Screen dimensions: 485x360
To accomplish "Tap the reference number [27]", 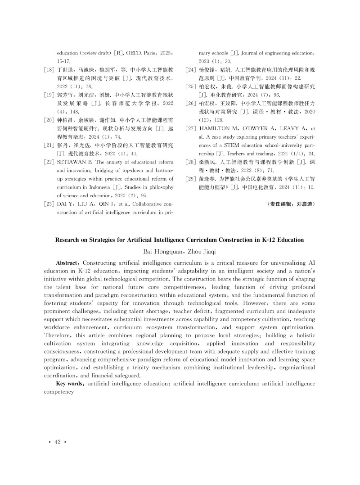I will pyautogui.click(x=192, y=128).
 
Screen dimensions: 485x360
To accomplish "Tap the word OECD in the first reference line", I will pyautogui.click(x=127, y=52).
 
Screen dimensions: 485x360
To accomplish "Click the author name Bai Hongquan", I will pyautogui.click(x=160, y=250).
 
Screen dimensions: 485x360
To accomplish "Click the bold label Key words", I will pyautogui.click(x=69, y=383).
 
